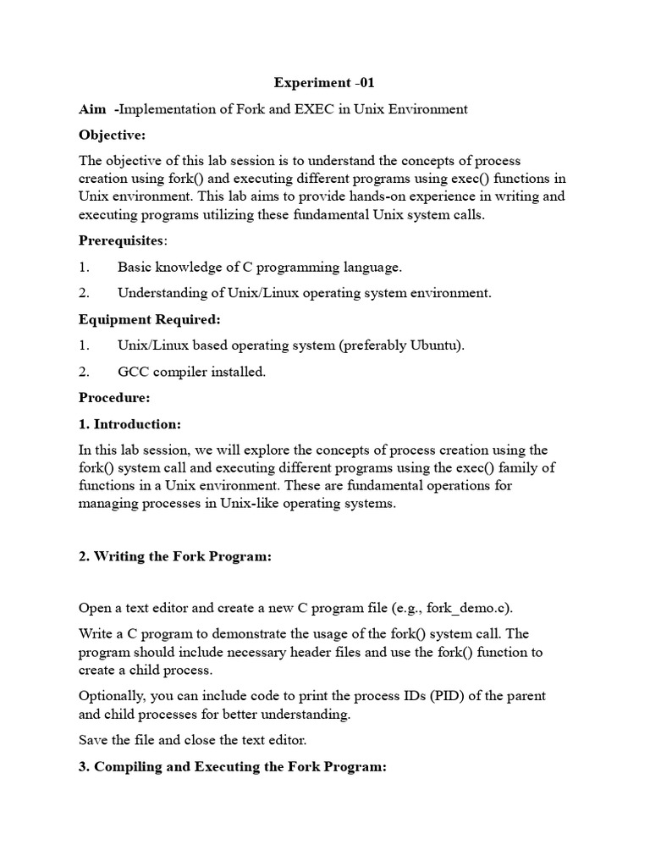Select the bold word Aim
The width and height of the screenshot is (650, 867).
pyautogui.click(x=93, y=109)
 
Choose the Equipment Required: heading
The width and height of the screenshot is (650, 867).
pyautogui.click(x=149, y=319)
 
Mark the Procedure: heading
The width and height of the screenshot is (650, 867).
pyautogui.click(x=114, y=398)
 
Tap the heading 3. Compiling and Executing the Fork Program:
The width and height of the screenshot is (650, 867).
pyautogui.click(x=232, y=766)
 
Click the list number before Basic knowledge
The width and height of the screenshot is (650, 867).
pyautogui.click(x=84, y=267)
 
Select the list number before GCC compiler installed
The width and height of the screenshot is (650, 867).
pyautogui.click(x=84, y=372)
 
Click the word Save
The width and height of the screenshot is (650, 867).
pyautogui.click(x=93, y=740)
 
